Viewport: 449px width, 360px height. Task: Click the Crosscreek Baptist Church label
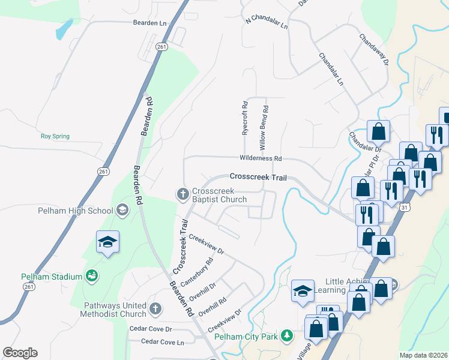(x=219, y=195)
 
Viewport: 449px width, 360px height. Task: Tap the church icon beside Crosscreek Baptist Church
(x=182, y=194)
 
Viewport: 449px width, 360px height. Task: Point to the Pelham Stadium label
(x=51, y=277)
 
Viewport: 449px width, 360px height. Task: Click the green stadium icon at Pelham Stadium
(x=92, y=276)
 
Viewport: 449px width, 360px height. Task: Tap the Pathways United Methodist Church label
(x=115, y=310)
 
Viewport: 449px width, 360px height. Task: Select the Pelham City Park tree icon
(x=287, y=335)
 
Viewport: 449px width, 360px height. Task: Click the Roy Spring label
(x=55, y=136)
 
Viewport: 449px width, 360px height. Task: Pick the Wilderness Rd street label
(x=261, y=158)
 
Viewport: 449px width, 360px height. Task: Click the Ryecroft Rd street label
(x=245, y=118)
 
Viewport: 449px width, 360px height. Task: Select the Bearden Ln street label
(x=149, y=23)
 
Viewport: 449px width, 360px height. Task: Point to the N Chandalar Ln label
(x=267, y=23)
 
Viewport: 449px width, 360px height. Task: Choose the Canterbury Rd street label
(x=201, y=271)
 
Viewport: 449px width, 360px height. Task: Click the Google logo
(x=20, y=353)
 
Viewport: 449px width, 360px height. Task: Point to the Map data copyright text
(x=423, y=355)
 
